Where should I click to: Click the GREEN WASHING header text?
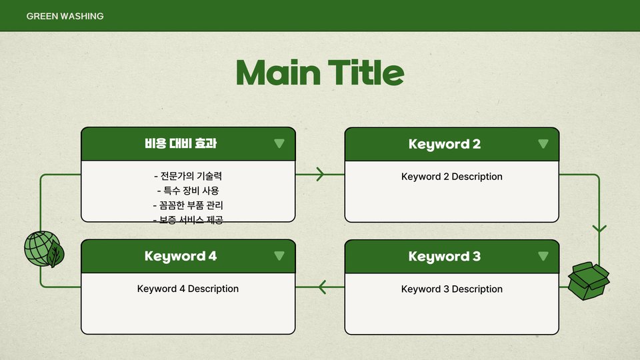click(65, 16)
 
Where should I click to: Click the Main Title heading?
click(320, 73)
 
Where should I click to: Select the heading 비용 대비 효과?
click(181, 144)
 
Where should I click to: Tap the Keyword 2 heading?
click(445, 144)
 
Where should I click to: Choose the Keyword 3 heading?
click(445, 256)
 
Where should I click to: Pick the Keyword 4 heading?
click(181, 256)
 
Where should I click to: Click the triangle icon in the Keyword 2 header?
click(543, 144)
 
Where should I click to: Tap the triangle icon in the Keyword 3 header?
click(543, 256)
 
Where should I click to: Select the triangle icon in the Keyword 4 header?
click(279, 255)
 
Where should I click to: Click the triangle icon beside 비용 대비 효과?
click(279, 143)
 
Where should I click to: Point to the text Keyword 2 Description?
click(452, 177)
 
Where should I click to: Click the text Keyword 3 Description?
click(452, 289)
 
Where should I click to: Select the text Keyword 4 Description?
click(188, 289)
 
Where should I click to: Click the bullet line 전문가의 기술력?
click(188, 176)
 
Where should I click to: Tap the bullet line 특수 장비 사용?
click(188, 191)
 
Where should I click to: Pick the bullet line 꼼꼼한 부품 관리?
click(188, 205)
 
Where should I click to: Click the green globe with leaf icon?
click(44, 249)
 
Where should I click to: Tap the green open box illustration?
click(589, 281)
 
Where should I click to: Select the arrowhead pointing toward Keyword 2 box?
click(320, 174)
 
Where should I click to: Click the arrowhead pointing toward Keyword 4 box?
click(322, 287)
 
